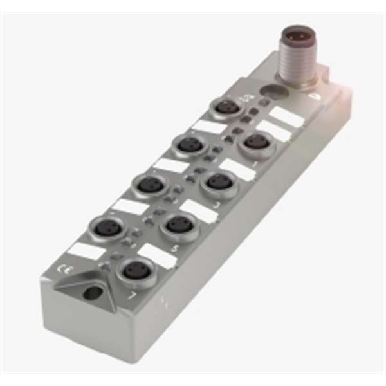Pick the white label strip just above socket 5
coord(198,210)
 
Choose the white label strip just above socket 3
coord(235,169)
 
